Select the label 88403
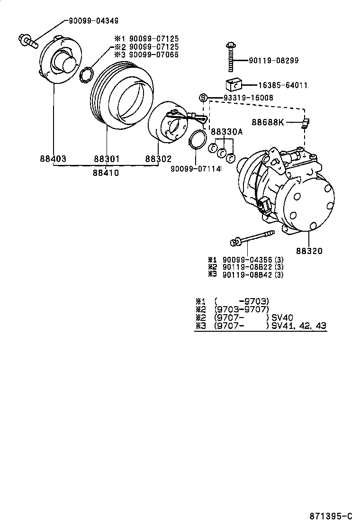click(x=53, y=159)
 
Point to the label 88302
click(x=158, y=159)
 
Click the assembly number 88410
click(x=105, y=173)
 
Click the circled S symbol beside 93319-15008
click(x=203, y=98)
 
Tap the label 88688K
click(x=268, y=122)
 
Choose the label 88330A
click(x=226, y=132)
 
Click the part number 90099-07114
click(x=196, y=168)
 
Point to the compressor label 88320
click(x=309, y=251)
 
